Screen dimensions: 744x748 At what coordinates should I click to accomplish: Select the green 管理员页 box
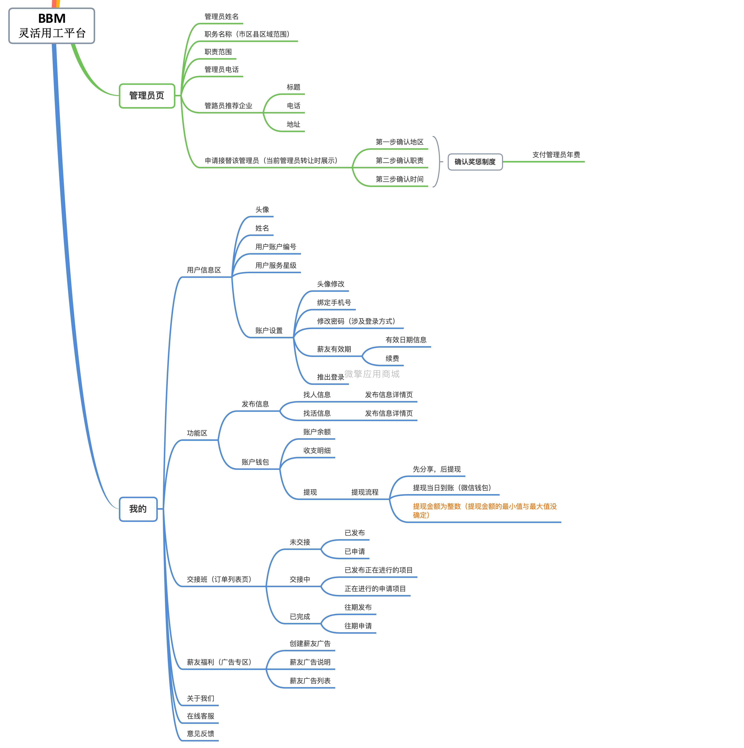147,96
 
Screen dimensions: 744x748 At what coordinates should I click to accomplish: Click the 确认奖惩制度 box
475,162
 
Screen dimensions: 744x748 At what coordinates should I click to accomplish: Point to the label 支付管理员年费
556,155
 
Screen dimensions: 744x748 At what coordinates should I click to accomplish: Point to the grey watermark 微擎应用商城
372,374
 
